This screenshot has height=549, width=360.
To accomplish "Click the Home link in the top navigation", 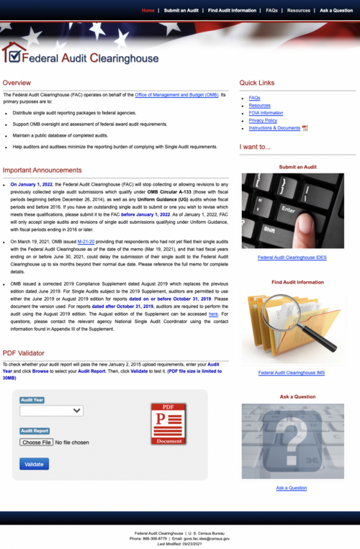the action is (148, 11).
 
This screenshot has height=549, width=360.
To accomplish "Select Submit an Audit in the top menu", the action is (181, 11).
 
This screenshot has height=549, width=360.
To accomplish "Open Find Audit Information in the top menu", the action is (232, 11).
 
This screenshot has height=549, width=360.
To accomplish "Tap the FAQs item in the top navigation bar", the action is (271, 11).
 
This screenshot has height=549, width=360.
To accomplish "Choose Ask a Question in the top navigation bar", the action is (336, 11).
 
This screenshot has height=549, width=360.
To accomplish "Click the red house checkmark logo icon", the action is (12, 53).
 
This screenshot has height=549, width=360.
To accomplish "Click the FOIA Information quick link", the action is (266, 113).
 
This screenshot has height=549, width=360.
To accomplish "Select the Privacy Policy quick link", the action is (263, 120).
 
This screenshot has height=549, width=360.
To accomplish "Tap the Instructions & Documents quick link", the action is (274, 128).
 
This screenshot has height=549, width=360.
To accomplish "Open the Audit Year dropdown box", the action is (52, 411).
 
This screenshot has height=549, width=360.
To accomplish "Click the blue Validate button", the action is (35, 464).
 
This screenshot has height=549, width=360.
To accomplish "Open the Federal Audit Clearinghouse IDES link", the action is (292, 257).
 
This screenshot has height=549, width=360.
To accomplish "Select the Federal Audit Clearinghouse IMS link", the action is (292, 373).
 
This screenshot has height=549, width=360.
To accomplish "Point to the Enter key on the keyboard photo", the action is (289, 210).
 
